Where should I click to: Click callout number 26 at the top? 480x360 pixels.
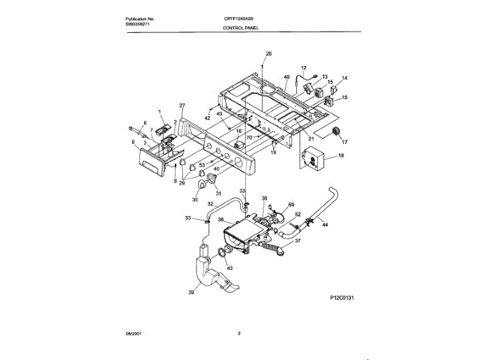pos(269,52)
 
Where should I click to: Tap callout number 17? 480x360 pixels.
pos(346,140)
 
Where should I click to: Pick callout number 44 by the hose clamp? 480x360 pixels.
pos(325,224)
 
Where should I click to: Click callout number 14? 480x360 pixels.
pos(345,78)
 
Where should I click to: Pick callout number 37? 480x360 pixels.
pos(298,241)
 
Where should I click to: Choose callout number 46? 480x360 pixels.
pos(286,76)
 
